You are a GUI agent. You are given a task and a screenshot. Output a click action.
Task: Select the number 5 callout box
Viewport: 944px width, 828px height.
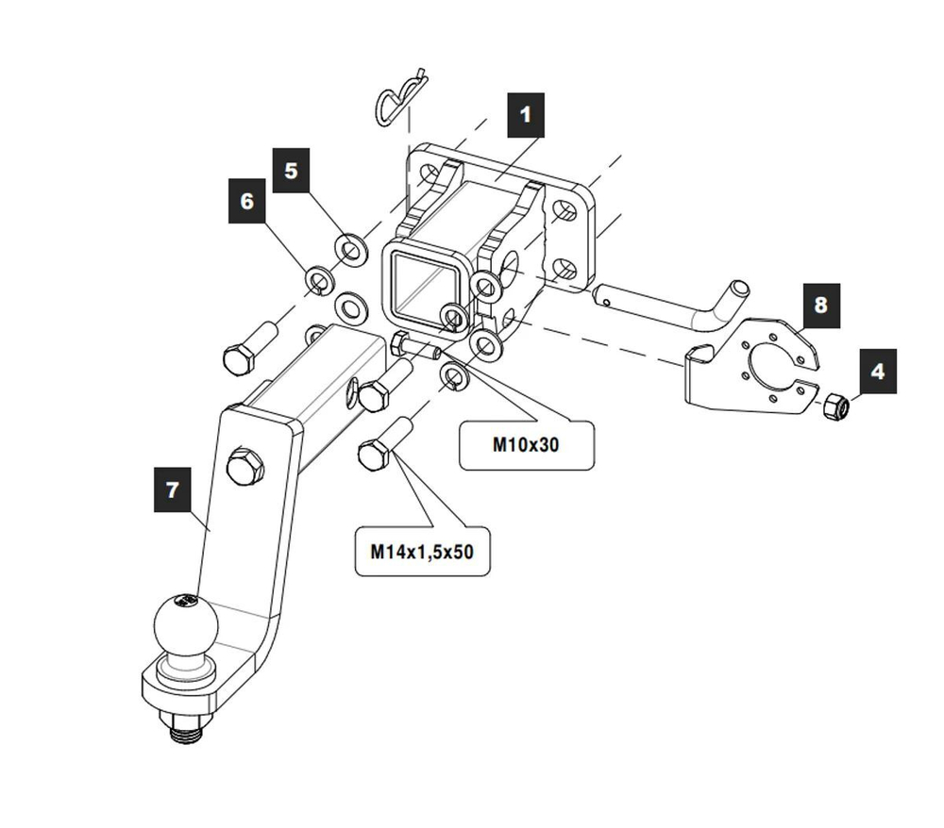click(290, 171)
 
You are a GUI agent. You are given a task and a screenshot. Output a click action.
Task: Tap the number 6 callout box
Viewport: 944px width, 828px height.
click(247, 203)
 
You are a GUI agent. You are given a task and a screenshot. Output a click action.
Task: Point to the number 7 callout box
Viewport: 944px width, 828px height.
click(172, 490)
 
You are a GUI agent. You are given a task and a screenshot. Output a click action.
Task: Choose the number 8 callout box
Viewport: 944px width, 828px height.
click(819, 305)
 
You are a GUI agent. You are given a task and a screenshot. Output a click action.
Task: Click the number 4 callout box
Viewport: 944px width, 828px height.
click(877, 372)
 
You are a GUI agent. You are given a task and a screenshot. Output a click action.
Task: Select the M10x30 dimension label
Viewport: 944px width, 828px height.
click(526, 443)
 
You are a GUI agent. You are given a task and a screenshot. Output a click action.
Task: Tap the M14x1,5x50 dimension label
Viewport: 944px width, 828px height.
click(422, 550)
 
